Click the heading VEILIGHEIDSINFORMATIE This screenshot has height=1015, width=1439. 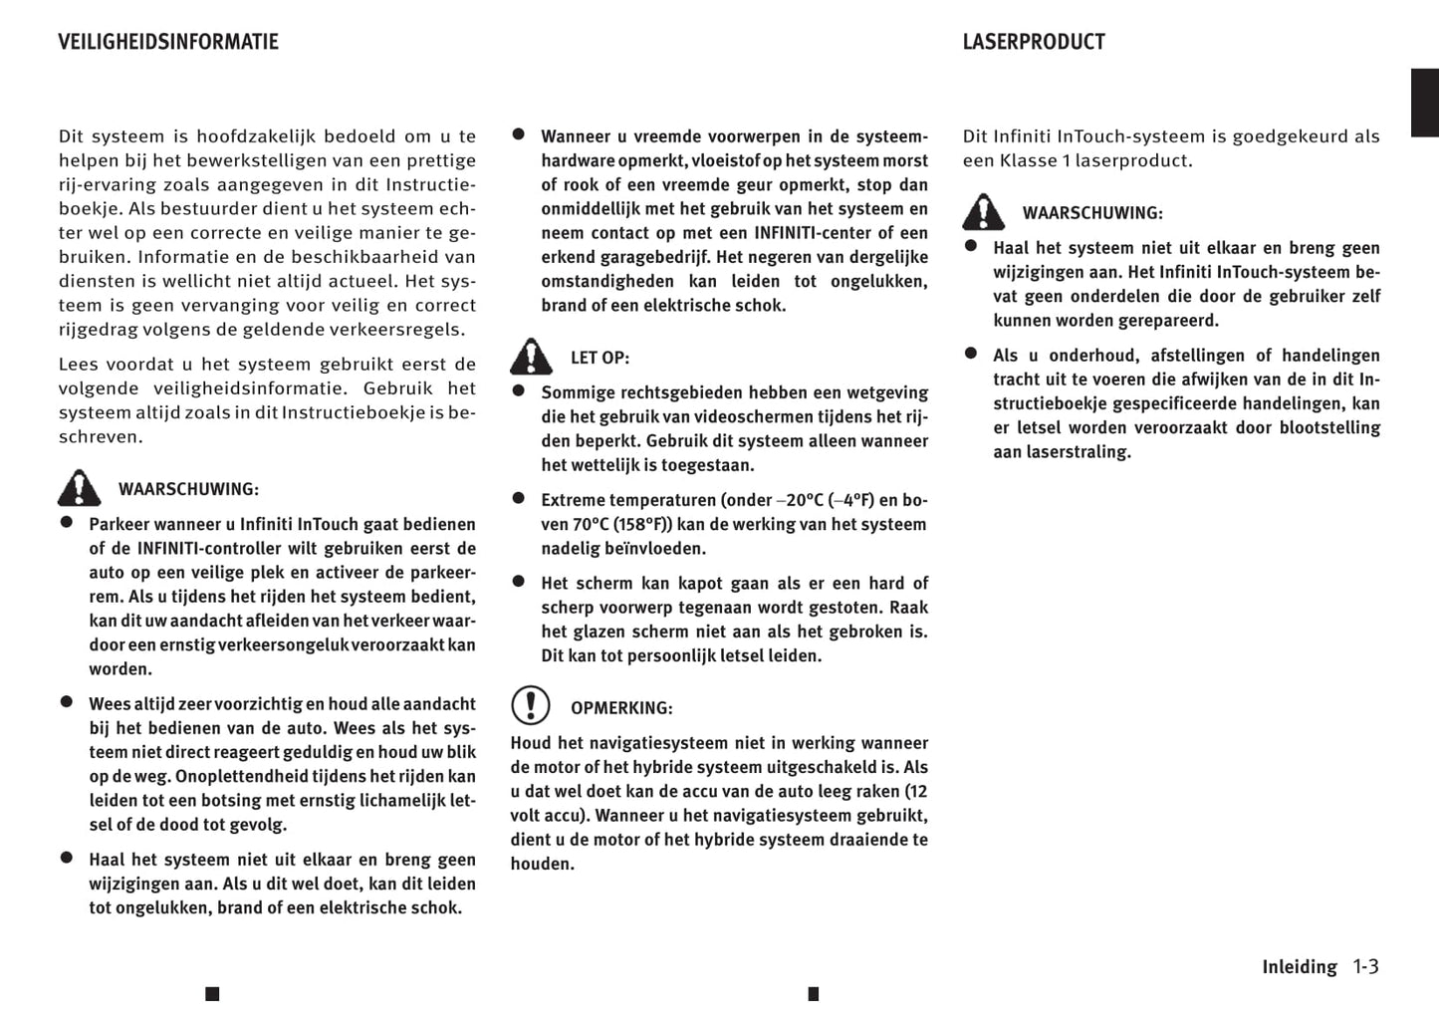point(168,42)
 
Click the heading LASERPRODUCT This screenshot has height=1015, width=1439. point(1034,42)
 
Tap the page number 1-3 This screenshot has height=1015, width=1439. point(1365,966)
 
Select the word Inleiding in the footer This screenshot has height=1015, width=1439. point(1300,967)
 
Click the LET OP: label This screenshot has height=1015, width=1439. point(600,358)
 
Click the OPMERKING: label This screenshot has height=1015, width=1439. point(621,708)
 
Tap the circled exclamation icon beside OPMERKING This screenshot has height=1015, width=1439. point(531,705)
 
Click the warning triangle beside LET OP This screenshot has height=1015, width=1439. point(531,356)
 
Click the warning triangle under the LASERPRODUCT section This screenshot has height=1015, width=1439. point(983,211)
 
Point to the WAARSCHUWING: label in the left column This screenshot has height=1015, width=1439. point(188,489)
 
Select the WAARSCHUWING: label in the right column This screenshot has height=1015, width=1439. point(1092,213)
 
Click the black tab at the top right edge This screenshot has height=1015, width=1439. point(1425,103)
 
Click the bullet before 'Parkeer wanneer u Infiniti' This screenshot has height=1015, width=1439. point(67,521)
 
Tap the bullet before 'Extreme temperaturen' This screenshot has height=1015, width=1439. point(518,497)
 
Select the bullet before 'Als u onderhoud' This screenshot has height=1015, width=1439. point(971,353)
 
